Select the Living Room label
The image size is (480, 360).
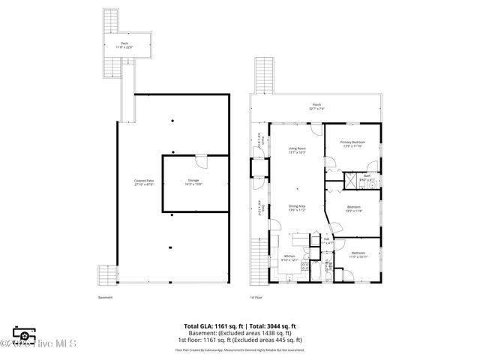click(x=297, y=151)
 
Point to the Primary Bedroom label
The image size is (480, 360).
click(x=352, y=144)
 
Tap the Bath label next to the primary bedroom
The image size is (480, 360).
click(x=367, y=178)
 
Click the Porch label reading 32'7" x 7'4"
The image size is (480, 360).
click(x=317, y=107)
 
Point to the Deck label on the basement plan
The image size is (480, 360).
click(x=124, y=45)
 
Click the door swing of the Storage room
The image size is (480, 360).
click(x=200, y=161)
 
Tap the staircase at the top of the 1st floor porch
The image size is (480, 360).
click(x=262, y=75)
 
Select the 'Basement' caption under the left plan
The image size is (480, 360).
click(x=105, y=298)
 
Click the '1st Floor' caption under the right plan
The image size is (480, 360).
click(x=257, y=298)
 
